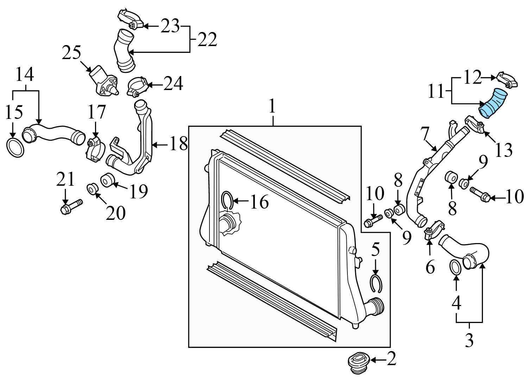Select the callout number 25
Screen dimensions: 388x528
(x=71, y=53)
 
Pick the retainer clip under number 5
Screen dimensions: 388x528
(x=376, y=284)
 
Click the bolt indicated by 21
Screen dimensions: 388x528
(x=71, y=207)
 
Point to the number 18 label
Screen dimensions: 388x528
(x=178, y=144)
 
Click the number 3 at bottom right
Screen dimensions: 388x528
(x=469, y=340)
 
